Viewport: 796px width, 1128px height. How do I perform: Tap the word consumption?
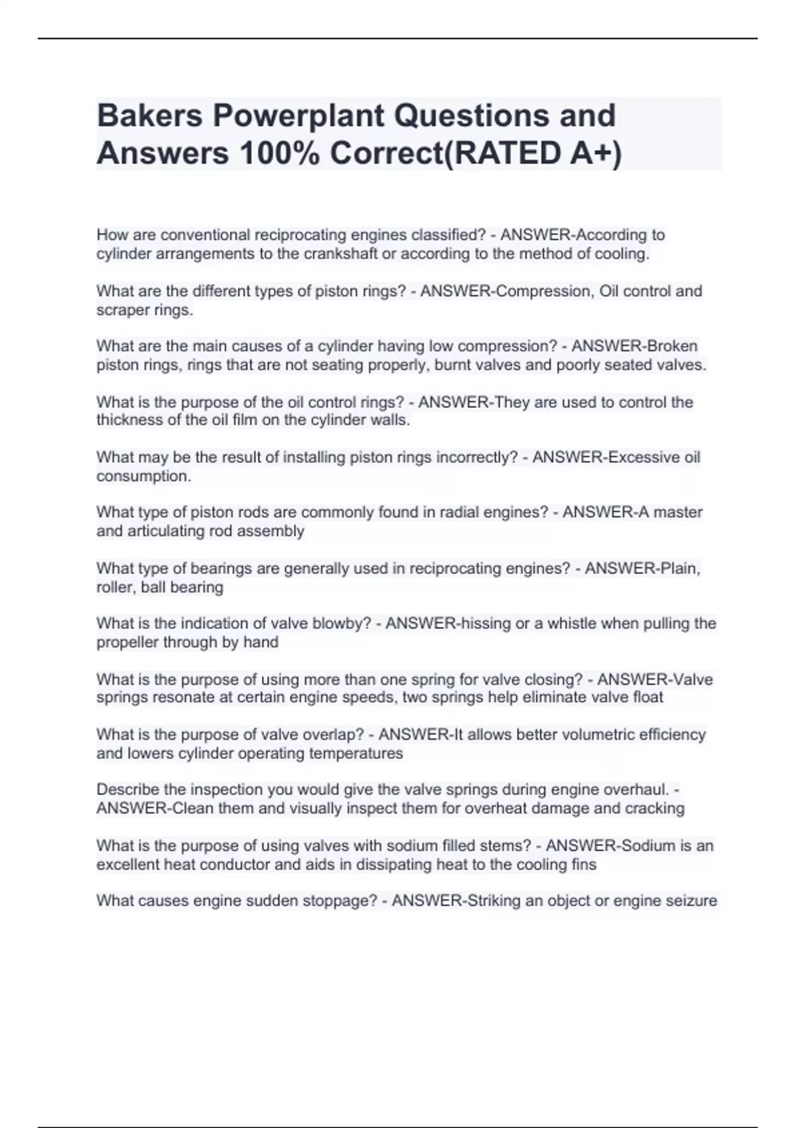(x=143, y=476)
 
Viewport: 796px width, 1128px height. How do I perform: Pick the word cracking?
(x=655, y=808)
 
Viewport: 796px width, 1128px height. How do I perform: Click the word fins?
(x=584, y=865)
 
